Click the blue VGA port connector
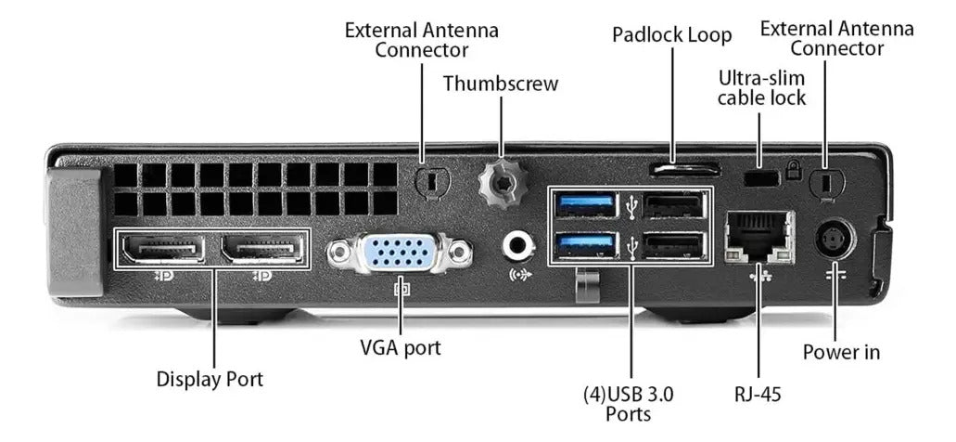coord(400,252)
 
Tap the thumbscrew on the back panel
coord(502,183)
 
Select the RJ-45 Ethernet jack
coord(759,237)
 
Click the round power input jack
coord(835,240)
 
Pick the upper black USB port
coord(673,204)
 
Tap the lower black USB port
coord(673,245)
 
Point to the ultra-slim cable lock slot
coord(761,177)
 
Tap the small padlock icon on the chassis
coord(793,170)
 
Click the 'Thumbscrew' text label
coord(501,84)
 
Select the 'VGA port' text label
coord(400,347)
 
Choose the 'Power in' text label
coord(841,352)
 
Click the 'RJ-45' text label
coord(758,394)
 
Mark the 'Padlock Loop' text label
coord(672,34)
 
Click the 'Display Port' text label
coord(210,379)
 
